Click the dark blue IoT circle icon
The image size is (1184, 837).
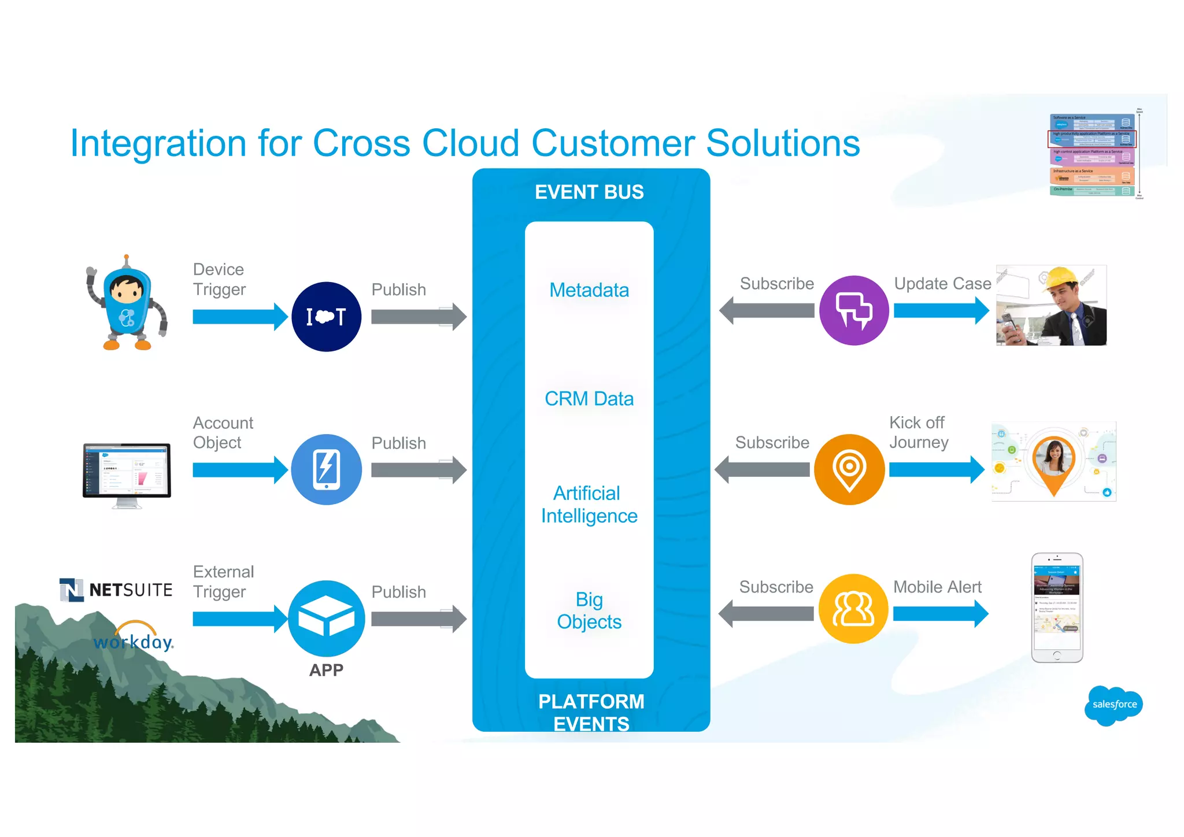click(326, 317)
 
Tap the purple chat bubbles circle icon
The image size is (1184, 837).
click(854, 311)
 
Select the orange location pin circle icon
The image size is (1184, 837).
click(849, 469)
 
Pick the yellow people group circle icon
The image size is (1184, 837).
click(853, 609)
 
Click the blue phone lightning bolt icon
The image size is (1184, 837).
click(326, 469)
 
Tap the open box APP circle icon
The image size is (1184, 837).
click(326, 618)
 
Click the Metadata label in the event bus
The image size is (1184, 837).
click(589, 290)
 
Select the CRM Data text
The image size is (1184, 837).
click(589, 399)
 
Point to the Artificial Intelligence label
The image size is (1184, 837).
click(589, 504)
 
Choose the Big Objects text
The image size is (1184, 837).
click(589, 610)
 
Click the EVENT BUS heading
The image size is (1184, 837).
click(589, 192)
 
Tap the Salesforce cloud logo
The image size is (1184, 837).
click(1113, 705)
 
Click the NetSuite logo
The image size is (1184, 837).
click(116, 590)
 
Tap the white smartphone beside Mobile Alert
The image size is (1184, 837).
click(1056, 608)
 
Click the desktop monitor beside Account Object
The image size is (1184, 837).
click(127, 471)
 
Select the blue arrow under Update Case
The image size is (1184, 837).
click(941, 311)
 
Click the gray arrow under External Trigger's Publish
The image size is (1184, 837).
click(418, 619)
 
